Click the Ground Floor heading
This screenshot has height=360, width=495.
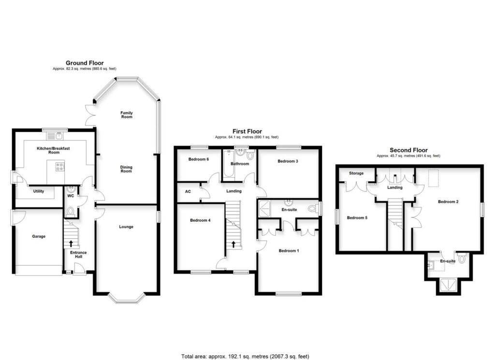[x=85, y=63]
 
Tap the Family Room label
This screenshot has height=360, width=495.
[x=127, y=115]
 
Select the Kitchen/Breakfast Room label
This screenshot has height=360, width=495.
[x=54, y=150]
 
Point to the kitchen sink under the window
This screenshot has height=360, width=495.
[x=58, y=135]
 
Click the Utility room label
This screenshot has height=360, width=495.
[x=39, y=191]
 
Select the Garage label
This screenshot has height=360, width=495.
[x=39, y=236]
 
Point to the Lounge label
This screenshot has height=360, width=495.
[x=127, y=227]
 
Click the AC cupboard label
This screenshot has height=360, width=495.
[x=188, y=191]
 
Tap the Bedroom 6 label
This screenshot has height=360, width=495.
[x=199, y=159]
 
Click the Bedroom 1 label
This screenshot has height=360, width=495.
[x=289, y=251]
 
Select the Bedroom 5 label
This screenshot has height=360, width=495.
[x=357, y=218]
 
